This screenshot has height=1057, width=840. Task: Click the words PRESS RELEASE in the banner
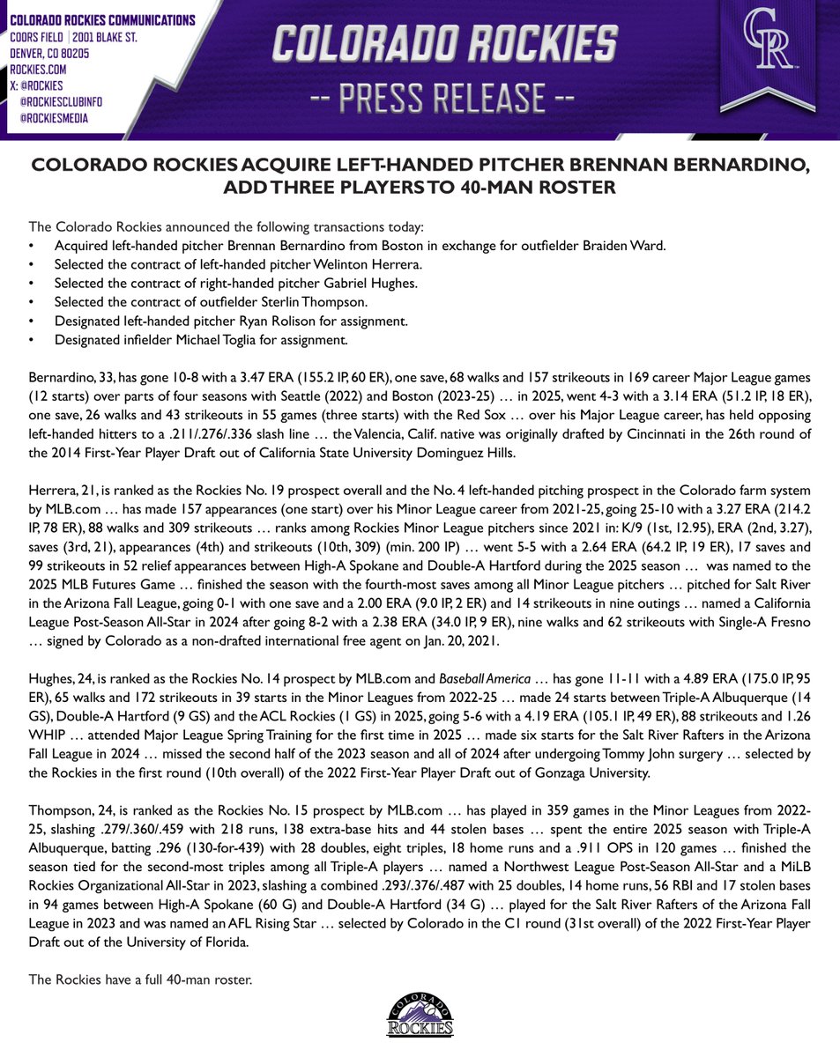click(x=419, y=95)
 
